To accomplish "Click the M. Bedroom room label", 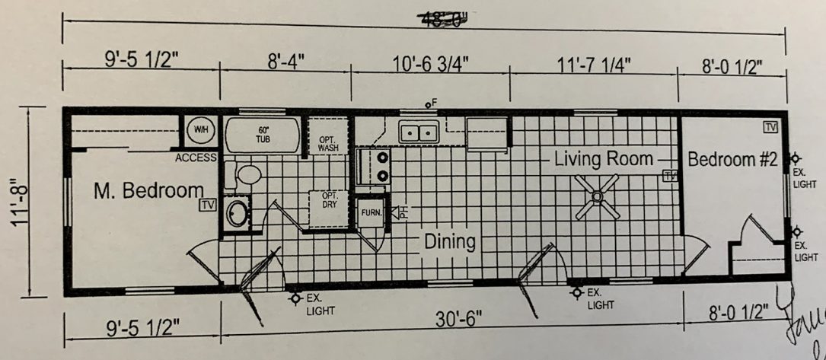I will tap(148, 190).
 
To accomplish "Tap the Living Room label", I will tap(603, 159).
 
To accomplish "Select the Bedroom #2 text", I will tap(732, 160).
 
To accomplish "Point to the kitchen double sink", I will tap(419, 132).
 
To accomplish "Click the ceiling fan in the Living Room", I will tap(596, 196).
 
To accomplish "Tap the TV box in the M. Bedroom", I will tap(207, 205).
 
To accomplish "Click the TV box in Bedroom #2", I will tap(770, 126).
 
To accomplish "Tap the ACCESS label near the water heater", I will tap(196, 158).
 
